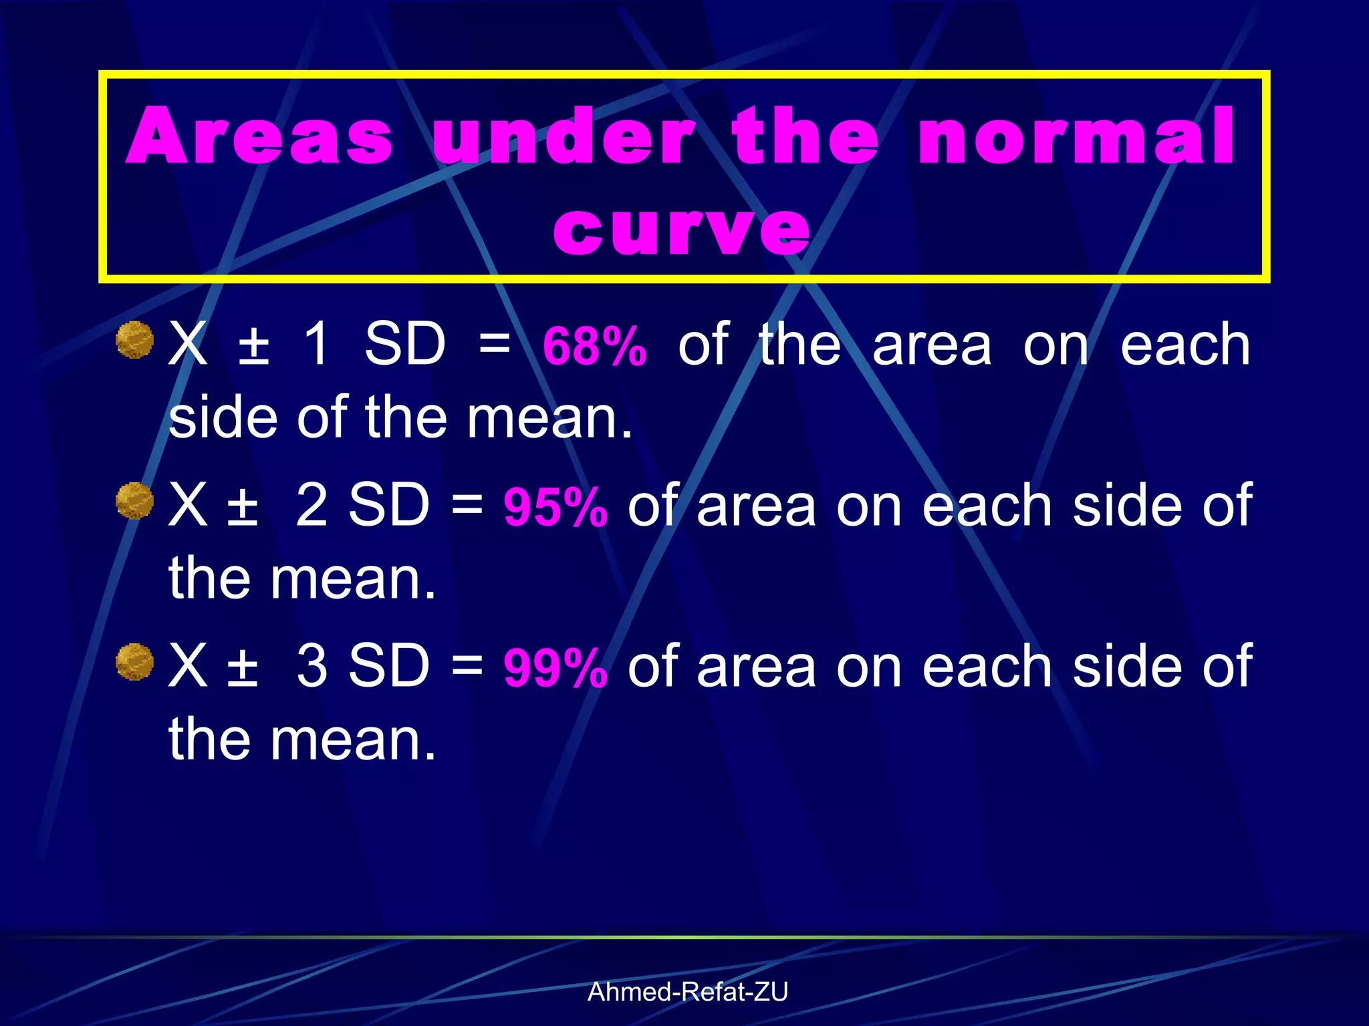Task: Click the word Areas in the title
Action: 259,136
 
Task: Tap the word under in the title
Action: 564,136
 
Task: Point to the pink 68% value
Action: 594,346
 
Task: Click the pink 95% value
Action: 555,507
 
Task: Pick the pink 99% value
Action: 555,668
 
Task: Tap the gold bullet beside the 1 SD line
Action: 135,340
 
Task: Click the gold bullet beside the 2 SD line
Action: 135,501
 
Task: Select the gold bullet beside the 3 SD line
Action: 135,662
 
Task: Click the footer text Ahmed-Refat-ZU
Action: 687,992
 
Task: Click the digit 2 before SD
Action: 312,505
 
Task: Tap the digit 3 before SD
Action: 312,666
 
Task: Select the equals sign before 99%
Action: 467,666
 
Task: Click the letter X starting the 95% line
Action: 187,505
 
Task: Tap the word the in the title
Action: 805,136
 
